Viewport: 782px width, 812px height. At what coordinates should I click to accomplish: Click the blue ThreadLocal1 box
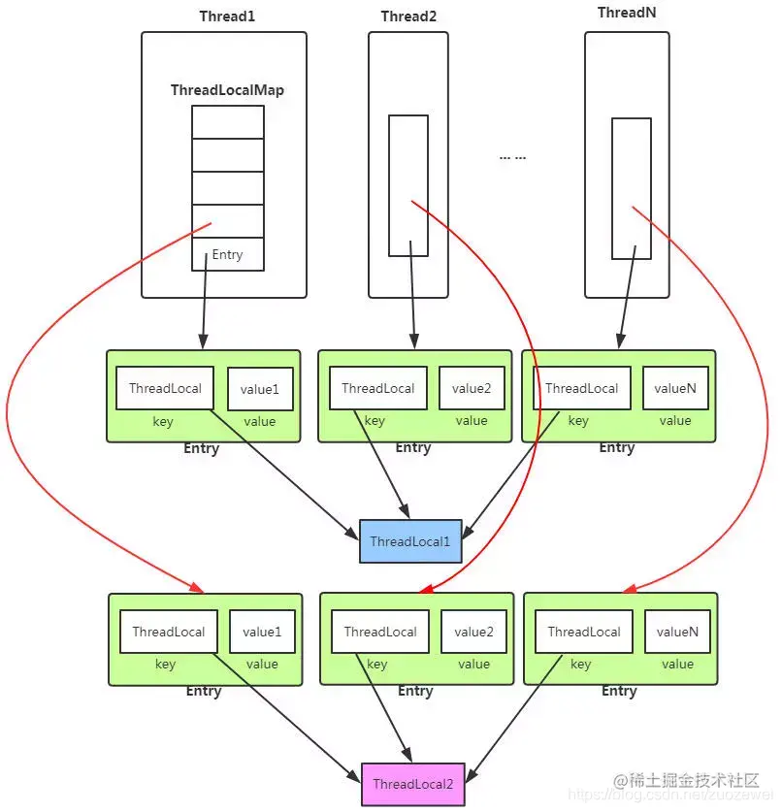pos(410,541)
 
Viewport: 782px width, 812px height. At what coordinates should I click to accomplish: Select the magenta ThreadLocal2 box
pos(412,784)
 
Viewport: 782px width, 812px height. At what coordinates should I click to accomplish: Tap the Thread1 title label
pos(226,16)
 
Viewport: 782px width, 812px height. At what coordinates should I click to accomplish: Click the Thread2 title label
pos(408,16)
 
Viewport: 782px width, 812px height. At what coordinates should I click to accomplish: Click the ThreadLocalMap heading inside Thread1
pos(227,90)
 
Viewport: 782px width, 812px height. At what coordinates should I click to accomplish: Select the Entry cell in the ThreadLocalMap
pos(227,254)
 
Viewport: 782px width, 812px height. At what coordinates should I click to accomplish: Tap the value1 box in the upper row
pos(260,389)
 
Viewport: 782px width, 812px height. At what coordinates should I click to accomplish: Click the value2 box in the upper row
pos(472,388)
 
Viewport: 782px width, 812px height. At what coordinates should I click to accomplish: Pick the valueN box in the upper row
pos(675,388)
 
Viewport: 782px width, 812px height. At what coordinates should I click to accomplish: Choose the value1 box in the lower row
pos(262,632)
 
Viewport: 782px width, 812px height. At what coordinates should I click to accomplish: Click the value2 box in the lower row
pos(473,632)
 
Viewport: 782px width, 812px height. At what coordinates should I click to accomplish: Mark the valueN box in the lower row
pos(677,632)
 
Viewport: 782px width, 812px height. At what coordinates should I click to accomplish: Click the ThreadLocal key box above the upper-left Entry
pos(165,388)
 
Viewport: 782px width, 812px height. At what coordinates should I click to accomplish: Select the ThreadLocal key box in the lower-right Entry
pos(583,632)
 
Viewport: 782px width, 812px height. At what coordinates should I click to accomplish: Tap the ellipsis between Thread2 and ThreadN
pos(512,157)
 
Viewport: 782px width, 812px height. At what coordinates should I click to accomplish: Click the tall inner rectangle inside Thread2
pos(408,185)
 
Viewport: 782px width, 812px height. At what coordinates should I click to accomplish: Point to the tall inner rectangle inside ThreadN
pos(631,188)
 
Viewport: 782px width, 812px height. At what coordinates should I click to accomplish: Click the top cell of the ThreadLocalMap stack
pos(227,122)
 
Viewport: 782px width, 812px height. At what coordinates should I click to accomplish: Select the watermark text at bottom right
pos(684,781)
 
